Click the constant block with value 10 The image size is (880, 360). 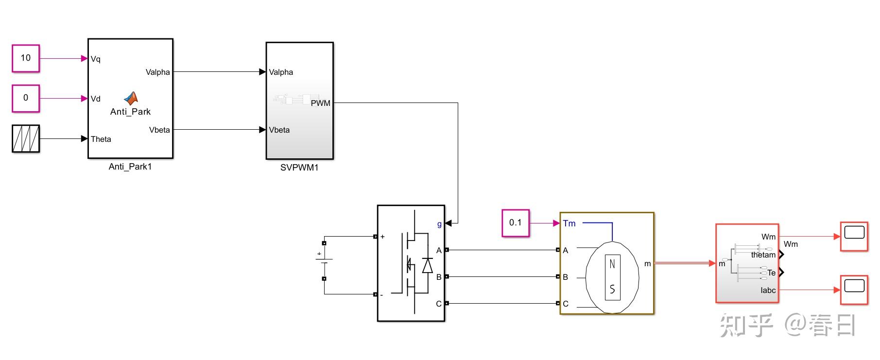[26, 58]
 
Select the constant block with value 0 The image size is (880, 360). [26, 98]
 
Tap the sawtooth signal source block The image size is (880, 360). [26, 138]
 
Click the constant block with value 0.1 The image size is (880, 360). [516, 223]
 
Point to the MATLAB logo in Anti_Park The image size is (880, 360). [130, 99]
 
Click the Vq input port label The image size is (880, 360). [96, 59]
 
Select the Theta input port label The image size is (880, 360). [101, 139]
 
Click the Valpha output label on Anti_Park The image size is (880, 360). [158, 72]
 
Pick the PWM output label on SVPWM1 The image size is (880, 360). [321, 103]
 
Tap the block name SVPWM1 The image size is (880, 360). [299, 168]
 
